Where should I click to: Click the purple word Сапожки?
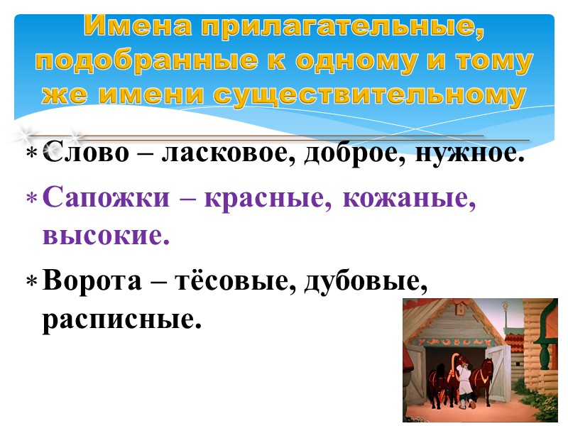(106, 201)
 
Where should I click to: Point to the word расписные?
(118, 319)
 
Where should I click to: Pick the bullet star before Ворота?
(31, 283)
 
